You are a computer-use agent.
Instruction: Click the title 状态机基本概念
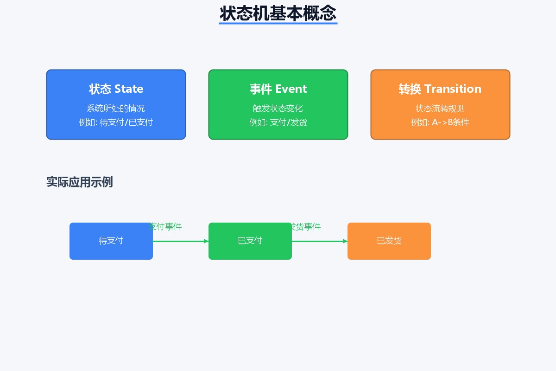pos(278,13)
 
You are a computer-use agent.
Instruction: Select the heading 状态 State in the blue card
pos(116,89)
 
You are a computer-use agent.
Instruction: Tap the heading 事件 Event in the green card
pos(278,89)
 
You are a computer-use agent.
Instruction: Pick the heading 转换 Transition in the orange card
pos(440,89)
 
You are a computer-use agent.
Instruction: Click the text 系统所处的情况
pos(116,109)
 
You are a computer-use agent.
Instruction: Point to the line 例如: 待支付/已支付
pos(116,122)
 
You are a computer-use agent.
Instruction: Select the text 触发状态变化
pos(278,109)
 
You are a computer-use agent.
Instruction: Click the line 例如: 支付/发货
pos(278,122)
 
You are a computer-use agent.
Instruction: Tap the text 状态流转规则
pos(440,109)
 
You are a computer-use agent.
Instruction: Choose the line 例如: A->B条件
pos(440,122)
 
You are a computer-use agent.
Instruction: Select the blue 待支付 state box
pos(111,241)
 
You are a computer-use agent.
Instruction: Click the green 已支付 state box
pos(250,241)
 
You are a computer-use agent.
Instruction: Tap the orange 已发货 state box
pos(389,241)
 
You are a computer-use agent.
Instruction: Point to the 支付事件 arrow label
pos(165,227)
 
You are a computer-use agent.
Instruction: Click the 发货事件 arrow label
pos(305,227)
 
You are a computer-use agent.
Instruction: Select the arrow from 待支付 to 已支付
pos(181,241)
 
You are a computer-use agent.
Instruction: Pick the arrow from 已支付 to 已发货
pos(320,241)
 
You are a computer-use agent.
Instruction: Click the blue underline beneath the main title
pos(278,23)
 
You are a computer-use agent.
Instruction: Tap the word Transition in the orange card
pos(453,89)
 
